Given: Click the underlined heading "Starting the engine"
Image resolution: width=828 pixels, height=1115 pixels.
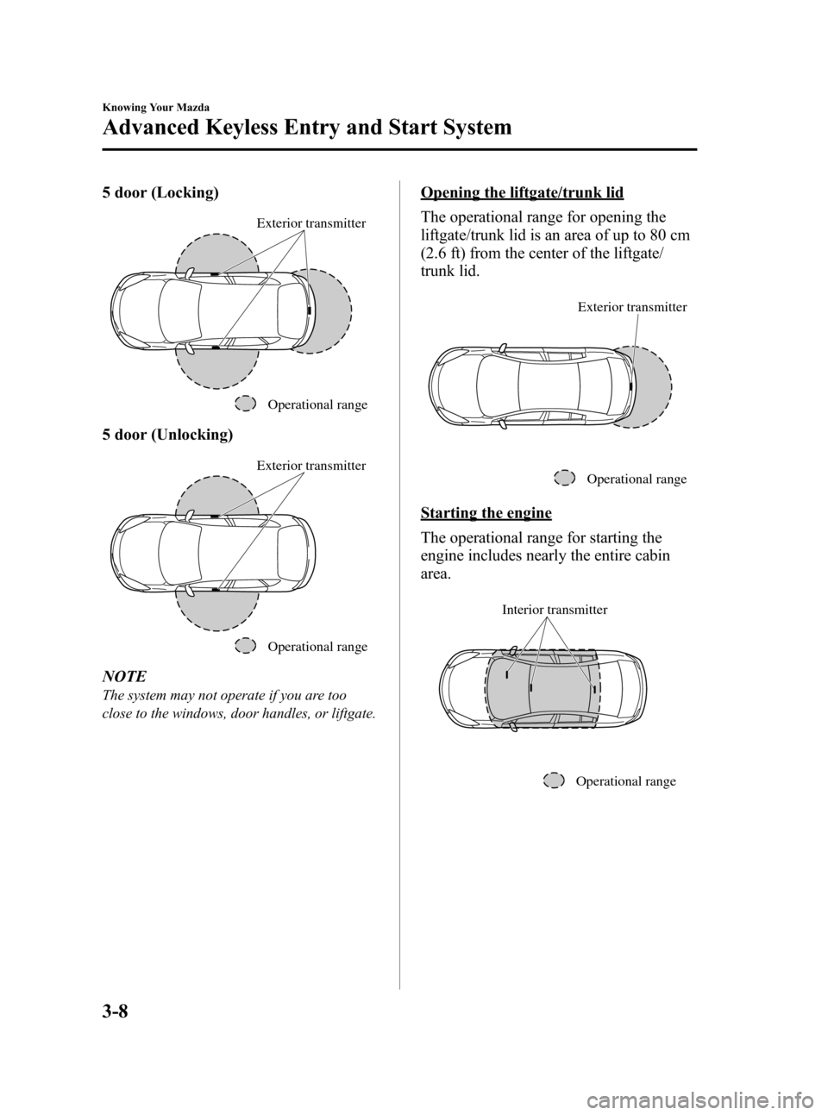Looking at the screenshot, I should click(x=486, y=513).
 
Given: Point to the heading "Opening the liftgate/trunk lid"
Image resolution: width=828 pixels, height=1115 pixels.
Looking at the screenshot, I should click(x=522, y=191).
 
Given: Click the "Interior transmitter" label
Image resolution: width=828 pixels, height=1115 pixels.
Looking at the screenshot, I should click(x=555, y=610).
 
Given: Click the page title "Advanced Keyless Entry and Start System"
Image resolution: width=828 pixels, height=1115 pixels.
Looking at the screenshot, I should click(x=306, y=128).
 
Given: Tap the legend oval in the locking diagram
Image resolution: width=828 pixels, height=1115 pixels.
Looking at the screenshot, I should click(x=245, y=404).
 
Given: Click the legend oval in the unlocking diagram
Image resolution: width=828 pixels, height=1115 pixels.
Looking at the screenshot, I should click(x=245, y=646).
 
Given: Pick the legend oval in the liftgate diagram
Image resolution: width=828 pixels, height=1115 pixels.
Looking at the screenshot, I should click(x=564, y=478).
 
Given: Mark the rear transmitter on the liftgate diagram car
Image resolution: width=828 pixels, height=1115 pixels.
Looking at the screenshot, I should click(x=631, y=385).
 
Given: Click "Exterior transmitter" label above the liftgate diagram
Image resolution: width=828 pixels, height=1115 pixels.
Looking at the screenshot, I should click(x=632, y=307).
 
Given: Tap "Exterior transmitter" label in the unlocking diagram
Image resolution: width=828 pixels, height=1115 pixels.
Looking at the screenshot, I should click(x=310, y=466).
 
